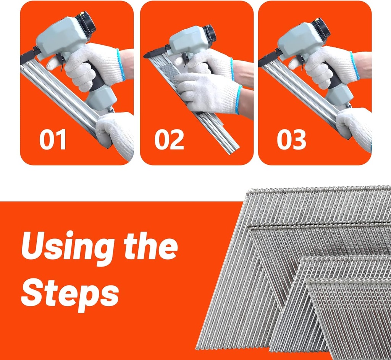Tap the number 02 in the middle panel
169,140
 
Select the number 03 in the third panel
291,140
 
